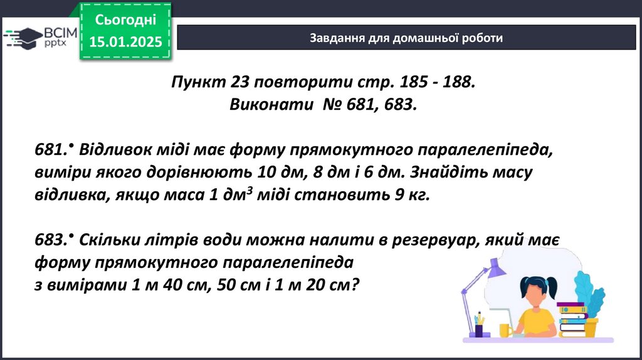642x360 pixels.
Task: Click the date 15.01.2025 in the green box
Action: click(125, 41)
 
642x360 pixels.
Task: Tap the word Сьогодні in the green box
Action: click(125, 19)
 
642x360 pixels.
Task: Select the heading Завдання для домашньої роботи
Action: click(406, 38)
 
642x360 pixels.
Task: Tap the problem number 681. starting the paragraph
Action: click(50, 149)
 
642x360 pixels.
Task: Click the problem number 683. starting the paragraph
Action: click(50, 240)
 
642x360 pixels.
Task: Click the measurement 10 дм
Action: click(282, 172)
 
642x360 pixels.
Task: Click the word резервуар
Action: click(436, 240)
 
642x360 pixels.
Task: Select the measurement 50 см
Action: click(239, 285)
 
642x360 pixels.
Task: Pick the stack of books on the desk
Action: click(572, 319)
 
